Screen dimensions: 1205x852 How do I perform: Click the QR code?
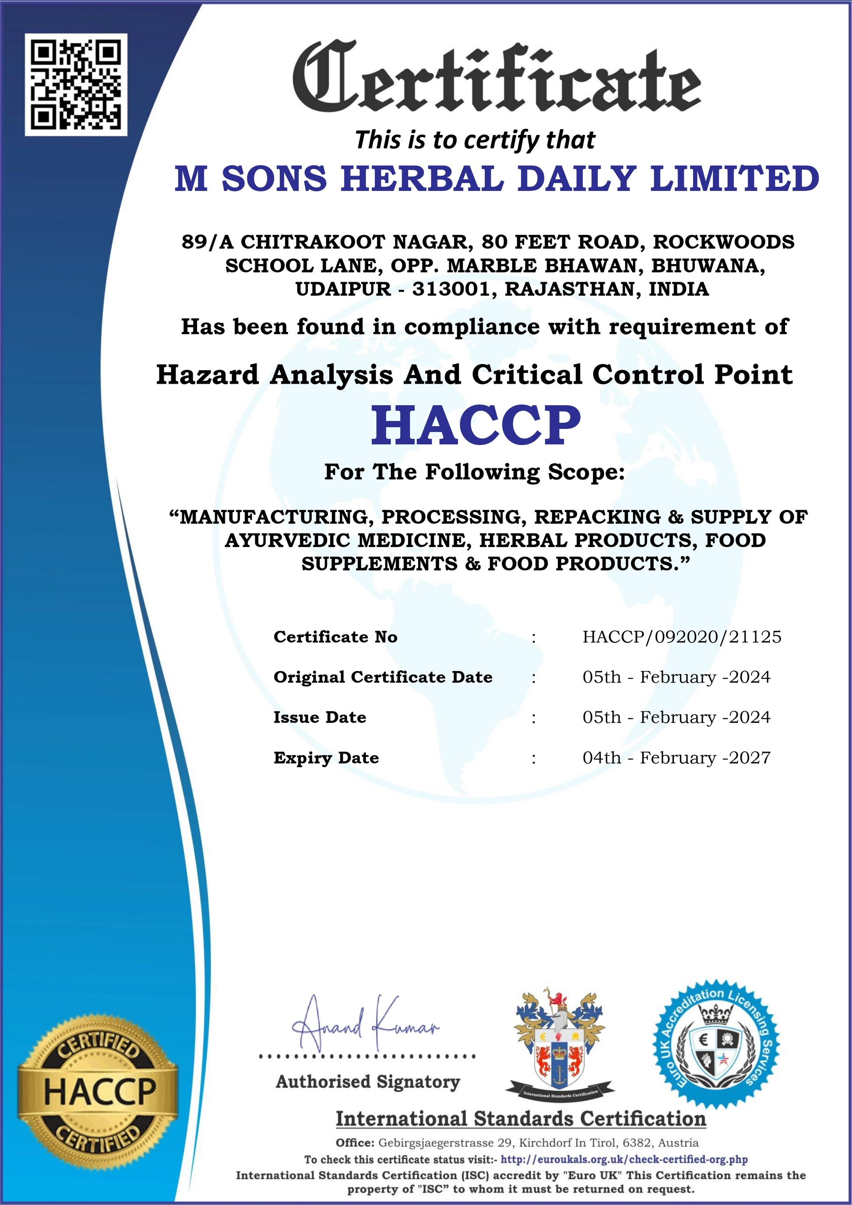point(76,85)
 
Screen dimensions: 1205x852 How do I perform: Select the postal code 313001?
point(454,289)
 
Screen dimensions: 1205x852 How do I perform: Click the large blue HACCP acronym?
point(476,425)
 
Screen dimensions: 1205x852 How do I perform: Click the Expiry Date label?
point(326,758)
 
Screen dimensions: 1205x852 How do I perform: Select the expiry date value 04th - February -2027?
point(676,758)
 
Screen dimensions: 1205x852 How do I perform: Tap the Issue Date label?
point(320,717)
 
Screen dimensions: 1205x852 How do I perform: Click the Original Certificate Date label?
point(383,677)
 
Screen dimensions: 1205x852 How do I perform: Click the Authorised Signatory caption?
point(368,1081)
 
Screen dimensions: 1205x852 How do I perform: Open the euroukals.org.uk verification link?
point(624,1159)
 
